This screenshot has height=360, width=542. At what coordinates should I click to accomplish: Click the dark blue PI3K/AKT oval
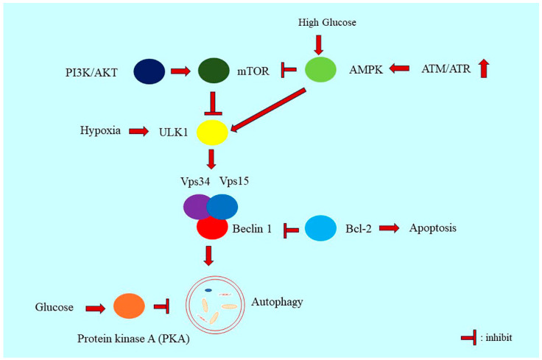pyautogui.click(x=149, y=71)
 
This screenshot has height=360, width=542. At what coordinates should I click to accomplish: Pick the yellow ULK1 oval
pyautogui.click(x=212, y=132)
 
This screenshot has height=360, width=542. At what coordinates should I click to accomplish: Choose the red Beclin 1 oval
pyautogui.click(x=211, y=227)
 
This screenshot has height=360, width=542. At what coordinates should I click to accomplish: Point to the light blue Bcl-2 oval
pyautogui.click(x=320, y=228)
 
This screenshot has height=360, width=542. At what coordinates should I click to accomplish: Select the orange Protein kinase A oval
pyautogui.click(x=128, y=306)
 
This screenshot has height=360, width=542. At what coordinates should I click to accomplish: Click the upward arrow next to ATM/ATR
pyautogui.click(x=483, y=69)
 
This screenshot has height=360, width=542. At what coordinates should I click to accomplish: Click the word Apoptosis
pyautogui.click(x=433, y=228)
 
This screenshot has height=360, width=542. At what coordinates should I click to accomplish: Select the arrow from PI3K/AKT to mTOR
pyautogui.click(x=181, y=71)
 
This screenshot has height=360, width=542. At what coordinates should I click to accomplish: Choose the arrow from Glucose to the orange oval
pyautogui.click(x=95, y=307)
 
